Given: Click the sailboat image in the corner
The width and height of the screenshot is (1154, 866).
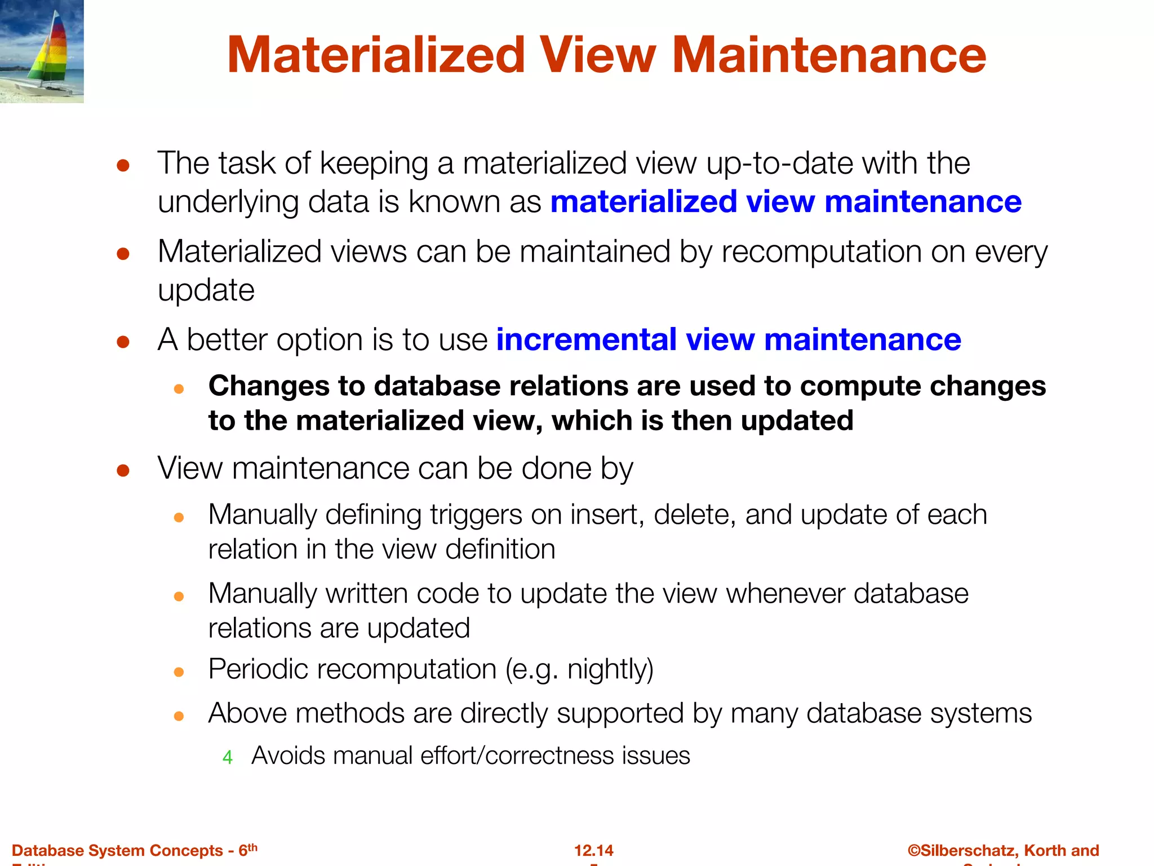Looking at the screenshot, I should coord(42,51).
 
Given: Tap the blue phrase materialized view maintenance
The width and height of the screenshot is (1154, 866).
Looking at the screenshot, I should coord(785,202).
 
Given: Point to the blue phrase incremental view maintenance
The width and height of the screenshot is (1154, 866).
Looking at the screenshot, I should coord(729,339).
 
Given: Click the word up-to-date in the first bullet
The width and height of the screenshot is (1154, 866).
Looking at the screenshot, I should coord(779,164).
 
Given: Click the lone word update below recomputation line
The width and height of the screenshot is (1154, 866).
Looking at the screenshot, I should coord(206,290).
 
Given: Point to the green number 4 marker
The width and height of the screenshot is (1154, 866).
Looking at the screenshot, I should coord(228,757).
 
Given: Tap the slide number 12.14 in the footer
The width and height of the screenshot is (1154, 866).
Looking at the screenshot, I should coord(593,850).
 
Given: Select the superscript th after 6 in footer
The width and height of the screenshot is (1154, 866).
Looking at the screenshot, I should coord(252,847).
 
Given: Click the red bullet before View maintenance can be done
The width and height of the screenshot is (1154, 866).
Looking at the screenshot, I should coord(123,470).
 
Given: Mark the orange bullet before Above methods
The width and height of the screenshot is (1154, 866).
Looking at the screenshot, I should coord(179,716).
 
